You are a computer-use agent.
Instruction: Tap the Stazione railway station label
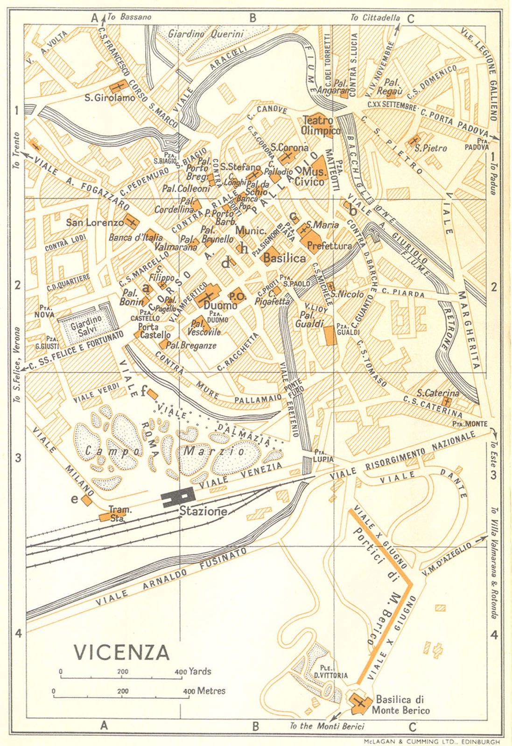(203, 511)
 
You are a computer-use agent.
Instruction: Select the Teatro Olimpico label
(321, 125)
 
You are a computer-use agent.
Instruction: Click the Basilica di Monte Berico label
(400, 705)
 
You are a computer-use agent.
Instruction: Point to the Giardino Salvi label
(86, 324)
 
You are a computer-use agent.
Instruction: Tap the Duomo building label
(221, 306)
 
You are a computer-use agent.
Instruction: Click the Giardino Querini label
(206, 34)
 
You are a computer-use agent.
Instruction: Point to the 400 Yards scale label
(193, 672)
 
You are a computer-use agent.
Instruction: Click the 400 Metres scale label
(204, 691)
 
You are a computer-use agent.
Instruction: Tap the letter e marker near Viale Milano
(75, 499)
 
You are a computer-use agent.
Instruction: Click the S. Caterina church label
(438, 393)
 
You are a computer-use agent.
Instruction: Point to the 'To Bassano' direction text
(129, 17)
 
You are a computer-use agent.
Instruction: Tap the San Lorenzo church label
(95, 222)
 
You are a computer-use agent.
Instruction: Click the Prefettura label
(330, 246)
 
